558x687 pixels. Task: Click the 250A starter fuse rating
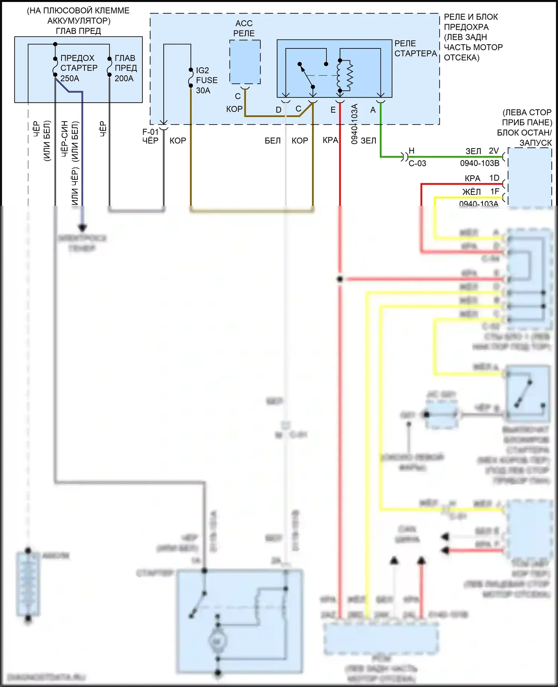70,79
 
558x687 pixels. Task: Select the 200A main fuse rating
124,79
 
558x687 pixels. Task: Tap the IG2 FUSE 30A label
206,80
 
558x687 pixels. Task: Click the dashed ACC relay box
245,62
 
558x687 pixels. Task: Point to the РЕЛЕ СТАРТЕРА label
415,49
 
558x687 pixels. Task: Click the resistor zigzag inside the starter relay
350,76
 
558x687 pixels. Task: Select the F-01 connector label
150,132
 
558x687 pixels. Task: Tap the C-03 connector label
417,163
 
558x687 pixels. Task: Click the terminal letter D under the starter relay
279,110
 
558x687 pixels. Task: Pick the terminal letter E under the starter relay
333,110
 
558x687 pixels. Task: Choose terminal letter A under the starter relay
373,110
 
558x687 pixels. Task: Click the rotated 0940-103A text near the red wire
354,124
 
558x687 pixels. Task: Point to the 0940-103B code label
480,163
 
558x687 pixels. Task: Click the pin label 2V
494,151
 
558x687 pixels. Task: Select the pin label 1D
494,178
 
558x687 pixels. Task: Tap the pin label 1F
494,192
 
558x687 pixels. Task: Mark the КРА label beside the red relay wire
330,140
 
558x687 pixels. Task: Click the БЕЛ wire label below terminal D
273,141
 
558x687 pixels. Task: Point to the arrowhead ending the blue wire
82,227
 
